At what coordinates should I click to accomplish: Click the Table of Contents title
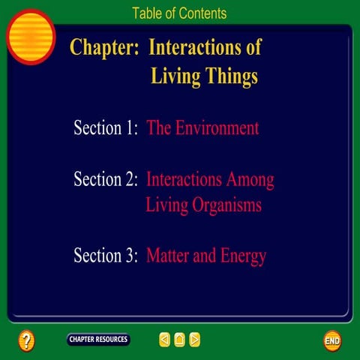click(179, 13)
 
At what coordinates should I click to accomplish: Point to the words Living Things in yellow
click(204, 76)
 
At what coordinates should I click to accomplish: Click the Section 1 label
click(106, 127)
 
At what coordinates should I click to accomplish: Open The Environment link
click(202, 127)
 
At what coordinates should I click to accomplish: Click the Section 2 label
click(106, 180)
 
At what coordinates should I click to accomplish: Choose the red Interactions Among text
click(210, 180)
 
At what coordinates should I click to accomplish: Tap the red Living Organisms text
click(203, 205)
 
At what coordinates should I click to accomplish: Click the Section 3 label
click(106, 256)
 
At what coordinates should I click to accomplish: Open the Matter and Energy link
click(206, 256)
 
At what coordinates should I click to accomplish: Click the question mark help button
click(26, 340)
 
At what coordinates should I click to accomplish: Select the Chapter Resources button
click(98, 340)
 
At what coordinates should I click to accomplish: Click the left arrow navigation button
click(164, 340)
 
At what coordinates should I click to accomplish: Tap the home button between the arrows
click(179, 340)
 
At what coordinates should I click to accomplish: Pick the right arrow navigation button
click(195, 340)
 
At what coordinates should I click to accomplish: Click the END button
click(332, 340)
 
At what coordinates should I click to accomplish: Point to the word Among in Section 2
click(252, 180)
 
